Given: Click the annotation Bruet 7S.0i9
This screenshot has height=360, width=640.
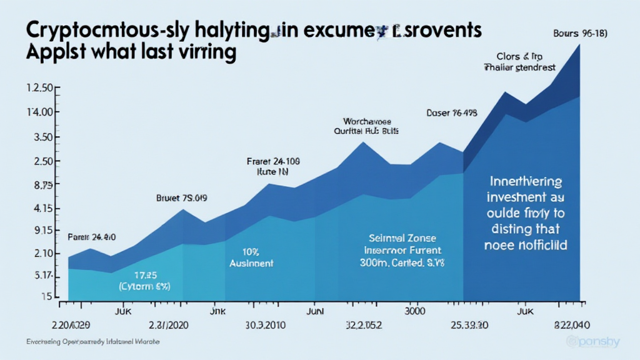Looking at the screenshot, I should (x=181, y=198).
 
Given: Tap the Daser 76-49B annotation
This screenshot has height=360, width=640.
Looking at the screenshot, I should (x=451, y=113).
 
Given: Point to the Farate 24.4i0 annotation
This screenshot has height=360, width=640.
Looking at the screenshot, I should (x=91, y=237).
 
